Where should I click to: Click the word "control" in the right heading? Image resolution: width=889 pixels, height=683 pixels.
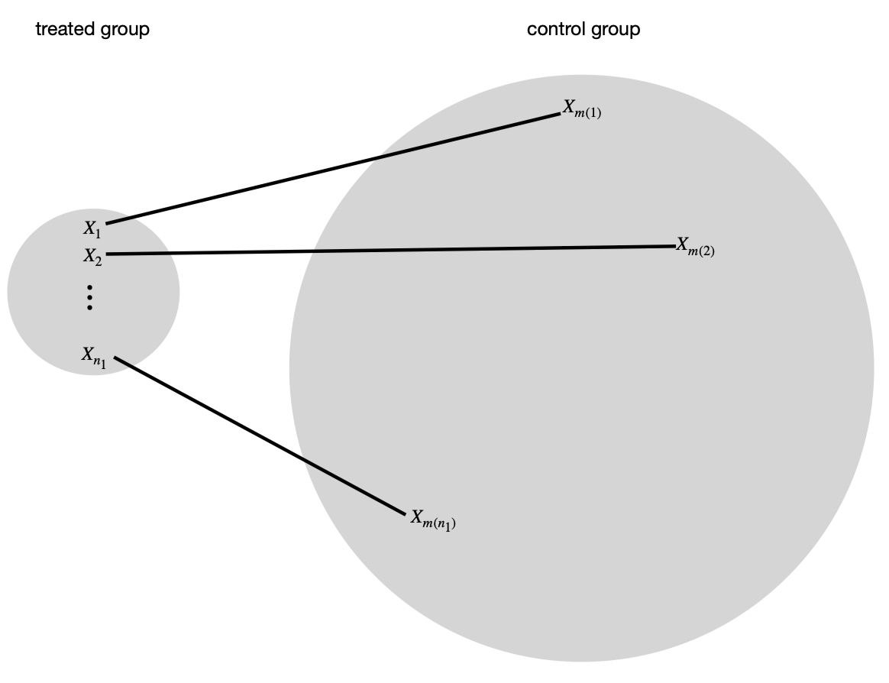pyautogui.click(x=556, y=29)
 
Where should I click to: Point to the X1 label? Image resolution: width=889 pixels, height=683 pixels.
pyautogui.click(x=92, y=229)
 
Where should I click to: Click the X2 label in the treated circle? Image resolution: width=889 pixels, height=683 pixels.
pyautogui.click(x=92, y=257)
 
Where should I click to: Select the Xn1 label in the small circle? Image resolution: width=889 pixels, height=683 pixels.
pyautogui.click(x=94, y=358)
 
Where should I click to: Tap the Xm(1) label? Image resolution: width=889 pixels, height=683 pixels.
pyautogui.click(x=582, y=109)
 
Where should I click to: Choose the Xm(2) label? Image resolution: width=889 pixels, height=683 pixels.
pyautogui.click(x=695, y=248)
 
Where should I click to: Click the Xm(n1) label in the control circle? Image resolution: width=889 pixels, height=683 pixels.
pyautogui.click(x=433, y=520)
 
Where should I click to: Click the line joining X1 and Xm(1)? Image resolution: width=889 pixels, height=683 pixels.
pyautogui.click(x=333, y=169)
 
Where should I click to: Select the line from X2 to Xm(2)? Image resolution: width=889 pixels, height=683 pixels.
pyautogui.click(x=390, y=250)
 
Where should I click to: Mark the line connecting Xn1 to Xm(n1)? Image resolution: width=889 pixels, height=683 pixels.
pyautogui.click(x=260, y=436)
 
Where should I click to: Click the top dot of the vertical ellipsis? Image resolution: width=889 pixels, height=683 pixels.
pyautogui.click(x=89, y=287)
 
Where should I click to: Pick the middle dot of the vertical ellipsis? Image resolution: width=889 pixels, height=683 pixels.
pyautogui.click(x=89, y=298)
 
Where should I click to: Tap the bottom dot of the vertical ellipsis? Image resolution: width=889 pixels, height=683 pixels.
pyautogui.click(x=89, y=308)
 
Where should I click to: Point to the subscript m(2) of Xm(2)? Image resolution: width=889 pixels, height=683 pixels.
pyautogui.click(x=702, y=251)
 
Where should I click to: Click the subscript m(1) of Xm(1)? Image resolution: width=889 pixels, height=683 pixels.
pyautogui.click(x=589, y=113)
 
